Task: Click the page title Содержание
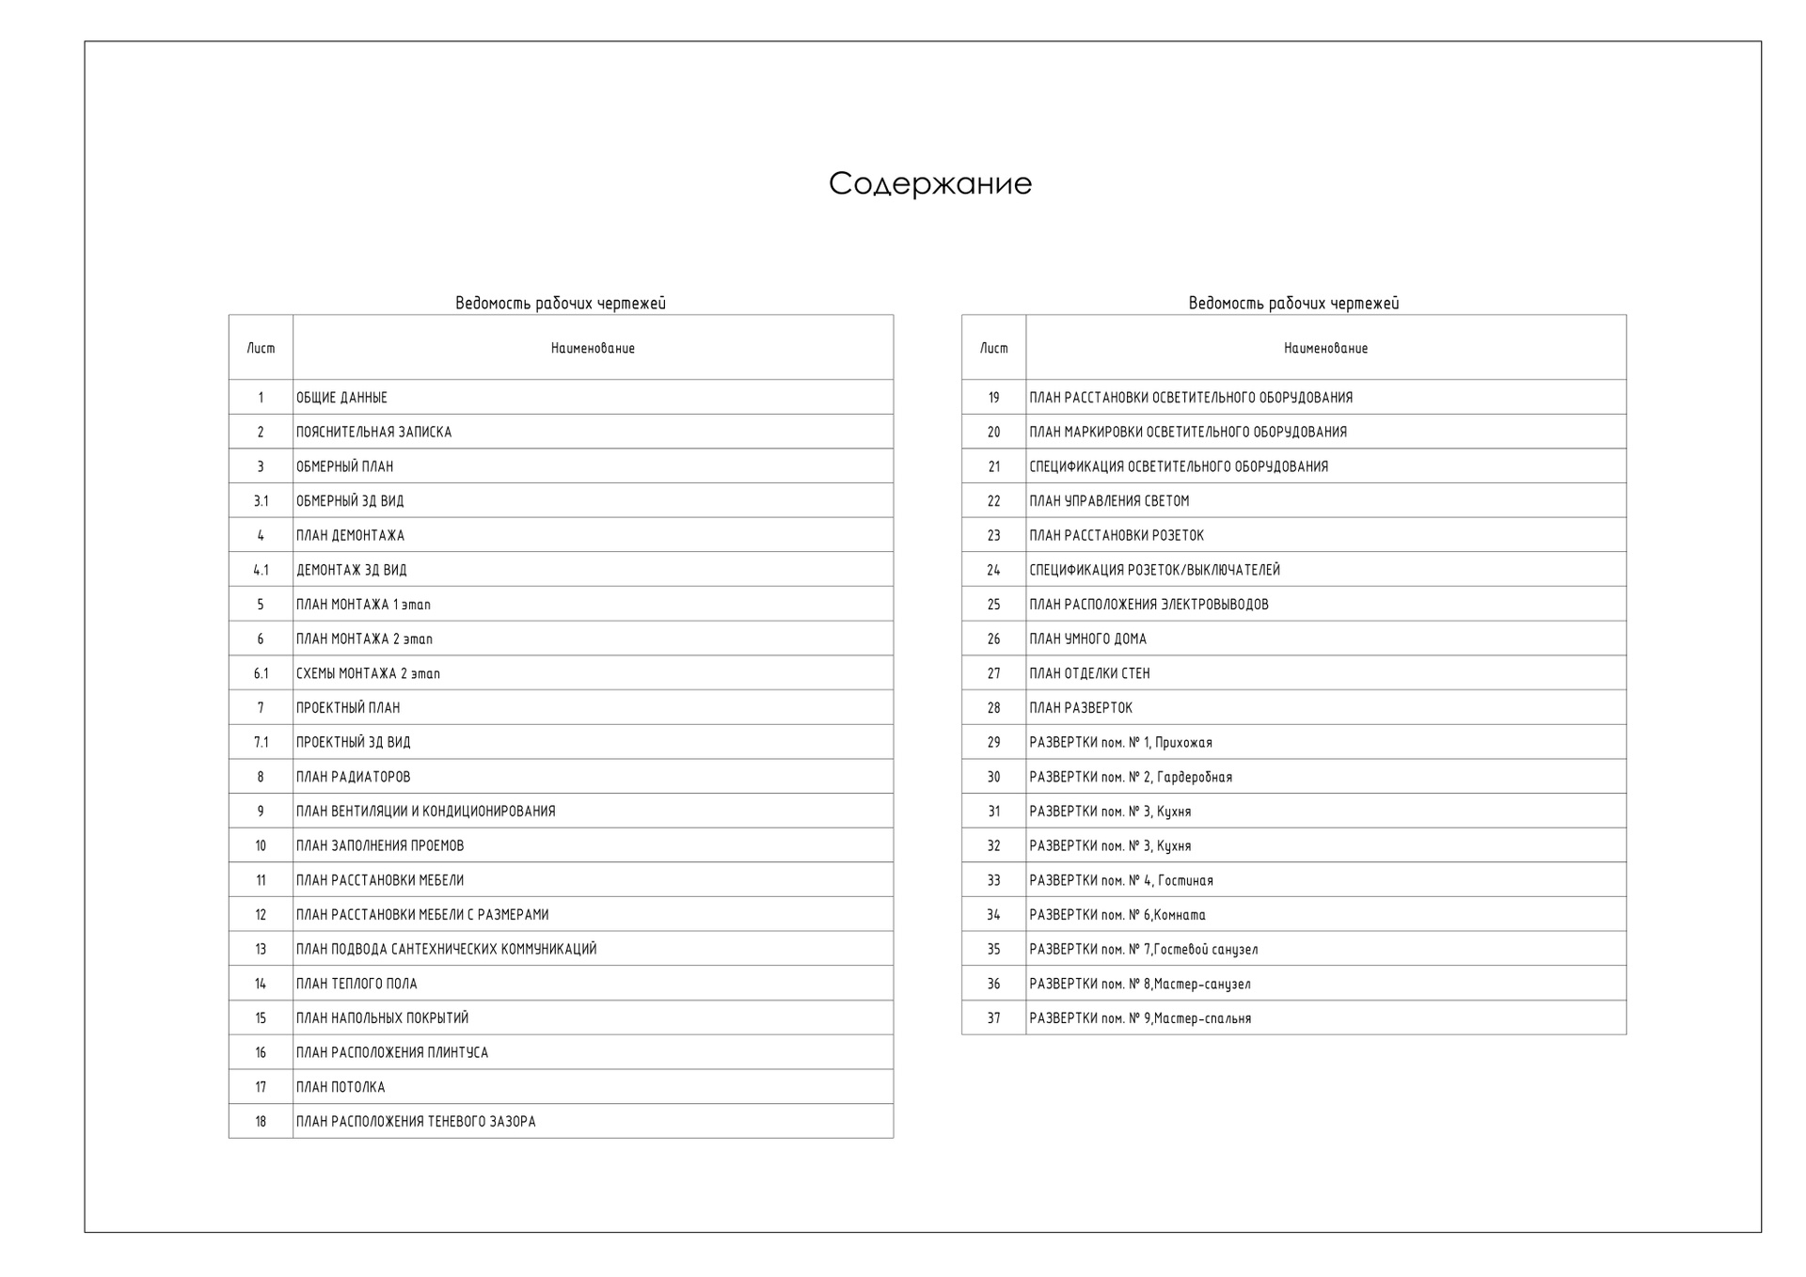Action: click(929, 183)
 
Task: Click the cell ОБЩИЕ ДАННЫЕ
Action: click(341, 398)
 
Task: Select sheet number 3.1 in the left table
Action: click(261, 501)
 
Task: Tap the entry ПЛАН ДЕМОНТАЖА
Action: click(350, 535)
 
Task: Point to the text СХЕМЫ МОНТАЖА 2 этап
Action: click(368, 673)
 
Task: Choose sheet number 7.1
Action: click(261, 742)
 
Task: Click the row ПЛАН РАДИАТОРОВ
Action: click(353, 777)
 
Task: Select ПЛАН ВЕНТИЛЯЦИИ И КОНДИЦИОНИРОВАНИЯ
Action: click(425, 811)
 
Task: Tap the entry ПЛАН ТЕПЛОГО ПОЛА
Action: click(356, 984)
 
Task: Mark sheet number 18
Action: click(261, 1121)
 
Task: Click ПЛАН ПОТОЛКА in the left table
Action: click(341, 1087)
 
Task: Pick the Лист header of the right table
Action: click(993, 348)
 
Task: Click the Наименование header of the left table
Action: click(593, 348)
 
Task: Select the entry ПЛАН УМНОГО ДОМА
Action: click(1087, 638)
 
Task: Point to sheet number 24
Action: click(993, 570)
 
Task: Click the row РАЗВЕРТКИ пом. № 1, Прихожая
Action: click(1120, 742)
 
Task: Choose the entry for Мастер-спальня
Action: click(1140, 1018)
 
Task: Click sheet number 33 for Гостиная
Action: click(993, 880)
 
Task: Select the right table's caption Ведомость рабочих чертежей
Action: click(1293, 303)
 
